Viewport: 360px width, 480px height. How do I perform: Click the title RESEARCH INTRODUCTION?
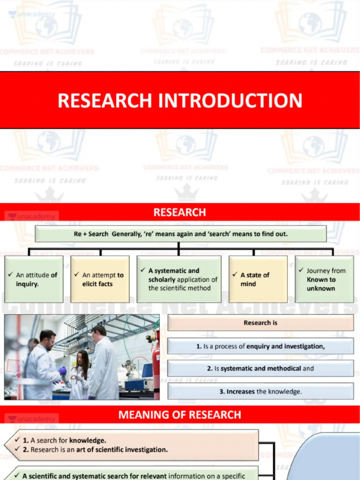pyautogui.click(x=180, y=101)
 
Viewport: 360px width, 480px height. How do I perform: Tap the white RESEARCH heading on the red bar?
pyautogui.click(x=180, y=212)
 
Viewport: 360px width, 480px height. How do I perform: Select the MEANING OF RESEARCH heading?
pyautogui.click(x=180, y=415)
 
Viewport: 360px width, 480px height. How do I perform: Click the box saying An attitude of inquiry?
pyautogui.click(x=34, y=279)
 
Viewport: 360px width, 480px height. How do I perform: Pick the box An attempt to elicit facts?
pyautogui.click(x=100, y=279)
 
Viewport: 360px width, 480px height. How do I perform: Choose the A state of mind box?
pyautogui.click(x=258, y=279)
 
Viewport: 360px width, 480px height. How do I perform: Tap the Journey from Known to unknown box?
pyautogui.click(x=324, y=279)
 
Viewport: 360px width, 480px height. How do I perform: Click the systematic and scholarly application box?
pyautogui.click(x=179, y=279)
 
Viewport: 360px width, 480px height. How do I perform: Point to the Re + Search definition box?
pyautogui.click(x=180, y=234)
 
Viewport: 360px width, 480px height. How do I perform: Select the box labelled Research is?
pyautogui.click(x=261, y=323)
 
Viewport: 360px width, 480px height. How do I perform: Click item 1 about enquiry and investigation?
pyautogui.click(x=261, y=346)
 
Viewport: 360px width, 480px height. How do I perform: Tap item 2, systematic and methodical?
pyautogui.click(x=261, y=368)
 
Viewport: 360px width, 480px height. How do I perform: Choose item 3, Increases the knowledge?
pyautogui.click(x=261, y=391)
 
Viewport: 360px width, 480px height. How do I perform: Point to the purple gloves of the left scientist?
pyautogui.click(x=62, y=370)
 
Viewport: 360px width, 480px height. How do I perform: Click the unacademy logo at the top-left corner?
pyautogui.click(x=32, y=15)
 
